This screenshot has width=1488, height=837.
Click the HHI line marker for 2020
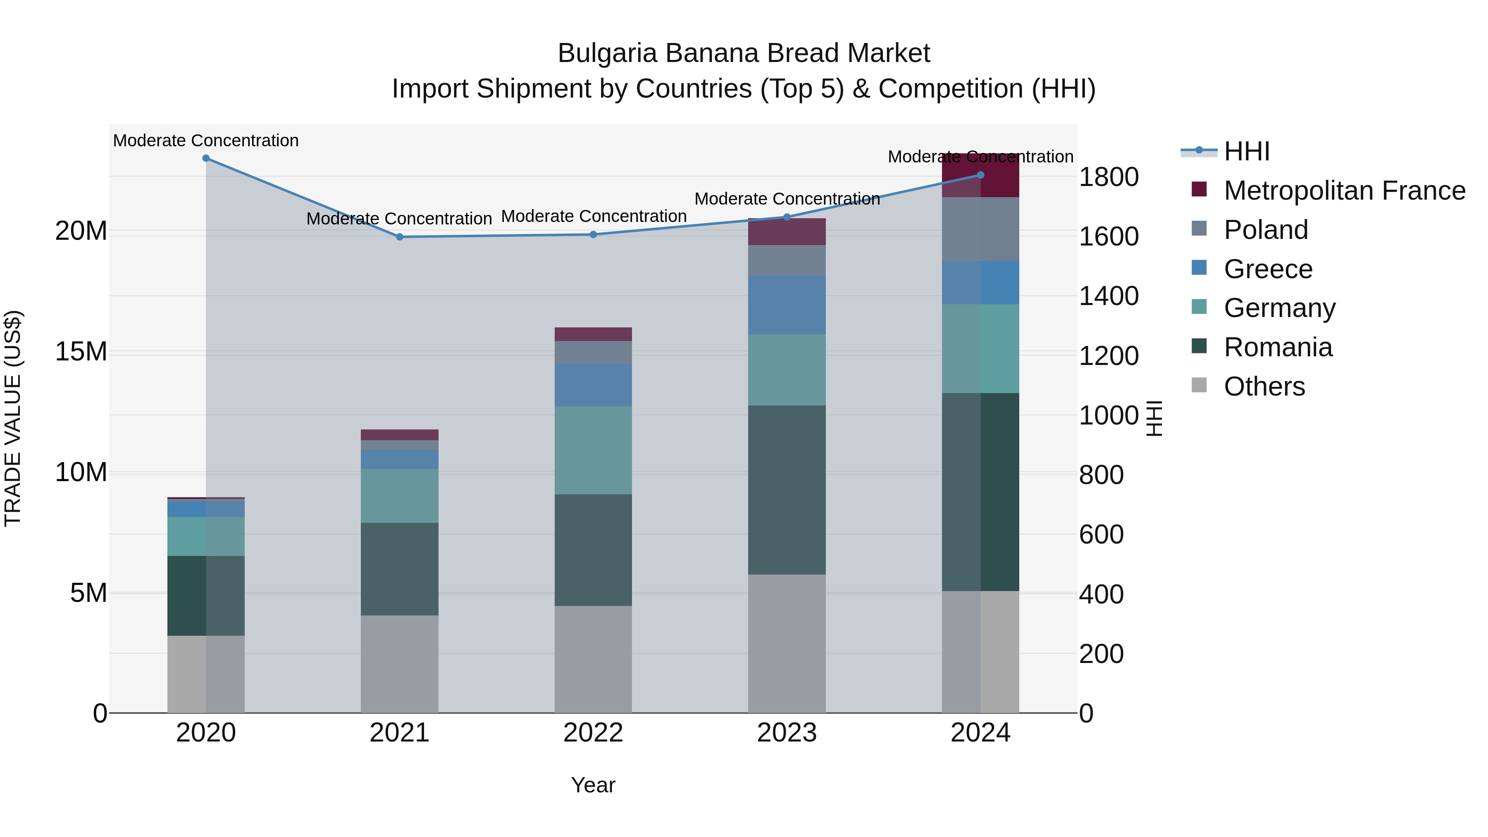click(x=206, y=158)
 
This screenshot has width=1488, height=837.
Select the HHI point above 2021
click(x=399, y=237)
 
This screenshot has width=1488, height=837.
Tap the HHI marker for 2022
click(x=593, y=234)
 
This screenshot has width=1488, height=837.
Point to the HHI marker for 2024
click(x=980, y=175)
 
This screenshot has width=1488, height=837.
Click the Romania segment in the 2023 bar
click(x=787, y=490)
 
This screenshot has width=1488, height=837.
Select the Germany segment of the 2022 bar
click(x=593, y=450)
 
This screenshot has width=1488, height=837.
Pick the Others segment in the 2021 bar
click(x=399, y=664)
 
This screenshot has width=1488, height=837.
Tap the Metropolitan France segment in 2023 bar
click(x=787, y=231)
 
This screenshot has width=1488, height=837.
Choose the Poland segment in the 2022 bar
click(x=593, y=352)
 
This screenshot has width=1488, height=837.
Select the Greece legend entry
click(x=1268, y=269)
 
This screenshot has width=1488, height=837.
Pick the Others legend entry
click(x=1264, y=386)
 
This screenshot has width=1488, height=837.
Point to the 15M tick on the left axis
click(x=81, y=352)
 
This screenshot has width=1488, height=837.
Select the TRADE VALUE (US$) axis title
click(x=13, y=418)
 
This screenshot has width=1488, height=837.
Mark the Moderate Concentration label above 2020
click(x=206, y=141)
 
